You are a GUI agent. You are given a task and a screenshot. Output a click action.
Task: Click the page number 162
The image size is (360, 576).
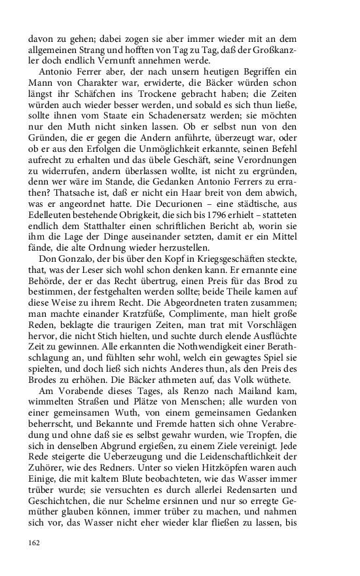point(34,542)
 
